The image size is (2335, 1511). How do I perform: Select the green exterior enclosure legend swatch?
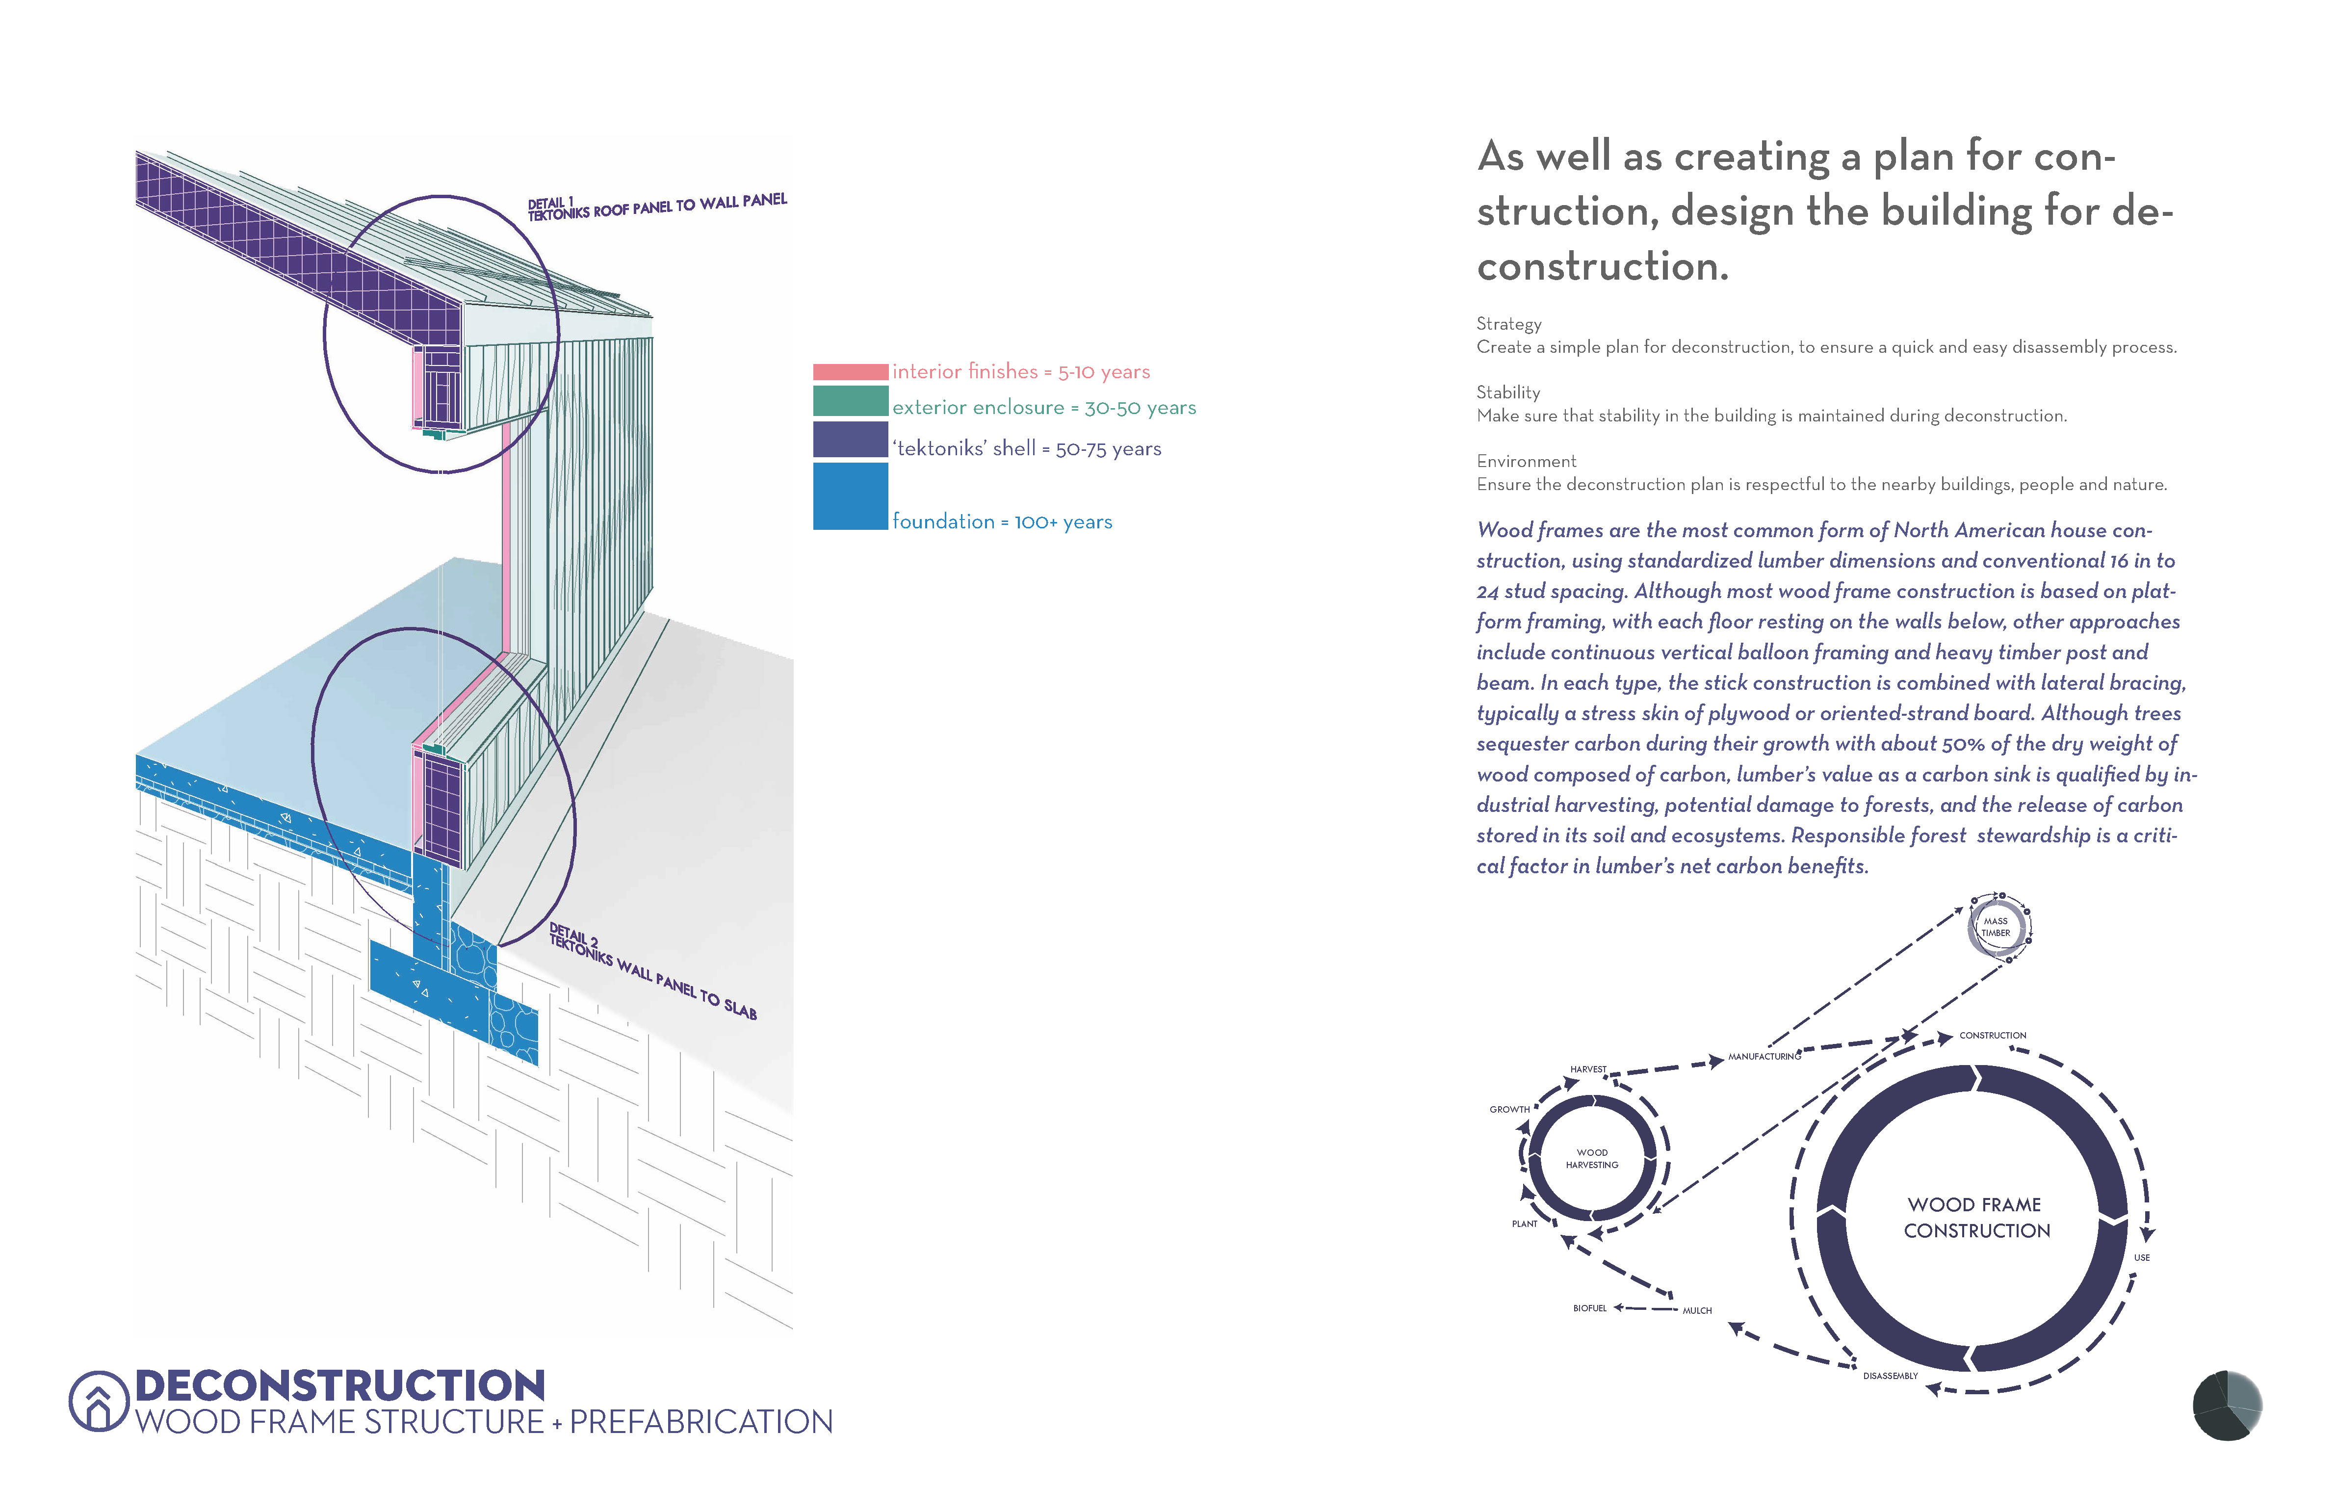pyautogui.click(x=850, y=401)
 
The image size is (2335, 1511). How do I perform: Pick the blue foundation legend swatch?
pyautogui.click(x=850, y=496)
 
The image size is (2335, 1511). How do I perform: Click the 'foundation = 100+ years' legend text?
pyautogui.click(x=1002, y=522)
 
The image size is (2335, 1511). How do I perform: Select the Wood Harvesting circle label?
pyautogui.click(x=1591, y=1159)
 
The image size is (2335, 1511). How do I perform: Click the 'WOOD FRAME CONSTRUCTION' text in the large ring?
pyautogui.click(x=1976, y=1218)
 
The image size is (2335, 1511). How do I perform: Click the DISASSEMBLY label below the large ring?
pyautogui.click(x=1890, y=1376)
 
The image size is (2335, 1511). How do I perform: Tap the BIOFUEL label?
pyautogui.click(x=1589, y=1308)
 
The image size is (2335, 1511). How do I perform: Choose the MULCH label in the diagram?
pyautogui.click(x=1696, y=1311)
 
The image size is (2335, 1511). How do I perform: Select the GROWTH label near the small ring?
pyautogui.click(x=1509, y=1110)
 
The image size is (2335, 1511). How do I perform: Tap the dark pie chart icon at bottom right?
pyautogui.click(x=2227, y=1405)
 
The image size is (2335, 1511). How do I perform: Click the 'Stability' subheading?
pyautogui.click(x=1508, y=392)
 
